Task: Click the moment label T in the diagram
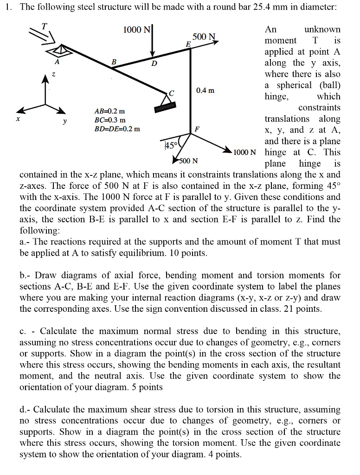[x=45, y=26]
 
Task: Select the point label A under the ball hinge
[x=57, y=61]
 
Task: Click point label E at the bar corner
[x=188, y=43]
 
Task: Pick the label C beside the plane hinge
[x=171, y=93]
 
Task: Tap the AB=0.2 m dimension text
[x=109, y=111]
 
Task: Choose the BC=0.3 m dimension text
[x=109, y=120]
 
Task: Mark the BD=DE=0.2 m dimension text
[x=116, y=128]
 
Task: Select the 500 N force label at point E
[x=204, y=37]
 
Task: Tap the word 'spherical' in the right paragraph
[x=294, y=85]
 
